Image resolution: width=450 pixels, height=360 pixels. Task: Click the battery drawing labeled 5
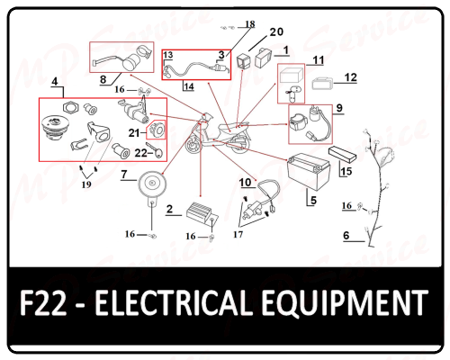click(x=309, y=171)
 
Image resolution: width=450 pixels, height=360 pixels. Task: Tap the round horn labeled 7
click(x=152, y=184)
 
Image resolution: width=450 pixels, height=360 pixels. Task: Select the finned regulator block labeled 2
click(x=202, y=213)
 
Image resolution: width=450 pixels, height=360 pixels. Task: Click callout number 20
click(x=276, y=31)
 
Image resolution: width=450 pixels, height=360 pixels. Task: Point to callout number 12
click(x=350, y=77)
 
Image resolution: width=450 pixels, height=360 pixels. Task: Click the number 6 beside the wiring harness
click(x=346, y=236)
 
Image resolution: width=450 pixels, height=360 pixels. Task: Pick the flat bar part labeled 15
click(x=343, y=154)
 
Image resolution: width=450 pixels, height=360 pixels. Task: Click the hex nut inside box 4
click(x=70, y=108)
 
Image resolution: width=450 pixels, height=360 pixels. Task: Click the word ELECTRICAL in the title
click(x=174, y=302)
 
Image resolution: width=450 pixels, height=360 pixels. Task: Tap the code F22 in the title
click(x=43, y=302)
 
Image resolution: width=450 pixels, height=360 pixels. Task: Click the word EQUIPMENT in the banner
click(x=345, y=303)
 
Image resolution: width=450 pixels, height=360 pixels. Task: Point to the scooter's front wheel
click(x=193, y=146)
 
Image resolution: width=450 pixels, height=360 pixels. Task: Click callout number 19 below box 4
click(x=86, y=184)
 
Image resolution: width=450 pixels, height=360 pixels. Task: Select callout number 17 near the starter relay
click(x=238, y=234)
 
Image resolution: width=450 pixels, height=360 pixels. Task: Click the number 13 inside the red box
click(x=168, y=55)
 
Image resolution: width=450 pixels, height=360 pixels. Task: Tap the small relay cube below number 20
click(x=243, y=61)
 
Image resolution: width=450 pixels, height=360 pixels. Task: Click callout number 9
click(x=339, y=108)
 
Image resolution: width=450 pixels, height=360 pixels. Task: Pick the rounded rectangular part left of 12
click(x=322, y=84)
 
